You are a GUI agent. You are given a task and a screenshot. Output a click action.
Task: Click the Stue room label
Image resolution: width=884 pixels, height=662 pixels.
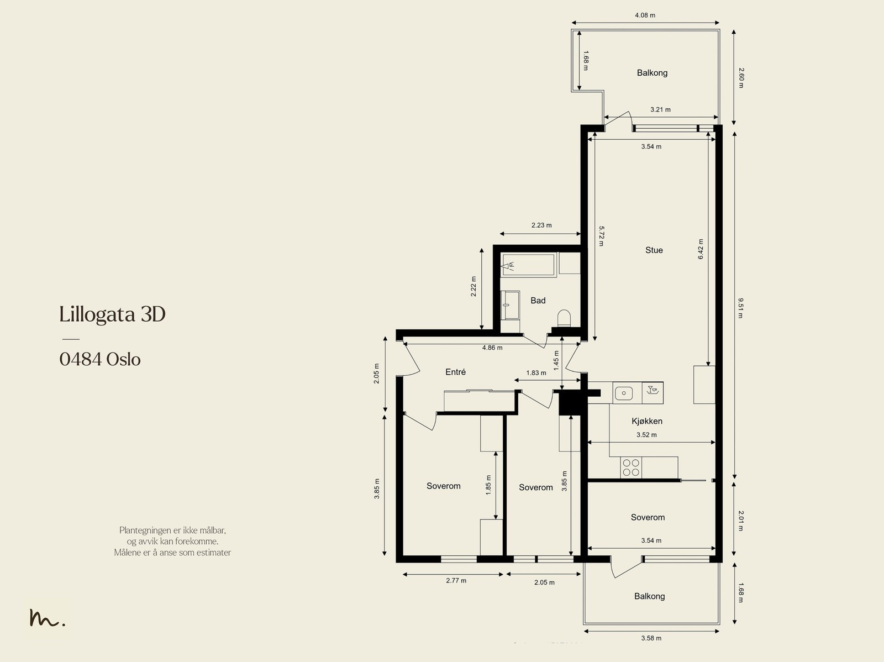[x=654, y=250]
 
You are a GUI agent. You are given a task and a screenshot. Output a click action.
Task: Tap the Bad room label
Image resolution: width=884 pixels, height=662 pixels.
[x=538, y=301]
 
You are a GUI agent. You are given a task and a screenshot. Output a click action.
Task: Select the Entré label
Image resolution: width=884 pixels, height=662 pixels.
[x=455, y=372]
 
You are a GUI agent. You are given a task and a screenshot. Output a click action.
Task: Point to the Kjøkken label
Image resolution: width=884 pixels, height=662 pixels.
[x=647, y=421]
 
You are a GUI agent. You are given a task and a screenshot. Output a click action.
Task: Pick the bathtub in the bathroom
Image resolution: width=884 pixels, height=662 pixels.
[x=528, y=265]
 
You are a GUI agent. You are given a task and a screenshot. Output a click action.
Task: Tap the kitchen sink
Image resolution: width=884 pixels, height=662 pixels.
[x=624, y=392]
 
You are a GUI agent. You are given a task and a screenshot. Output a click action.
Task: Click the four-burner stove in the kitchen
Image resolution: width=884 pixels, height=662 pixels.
[x=631, y=467]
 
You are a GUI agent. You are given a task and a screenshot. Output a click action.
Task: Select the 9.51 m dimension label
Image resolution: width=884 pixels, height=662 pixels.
[x=740, y=308]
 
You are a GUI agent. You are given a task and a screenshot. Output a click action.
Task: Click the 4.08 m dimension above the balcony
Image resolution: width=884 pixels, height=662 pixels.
[x=645, y=15]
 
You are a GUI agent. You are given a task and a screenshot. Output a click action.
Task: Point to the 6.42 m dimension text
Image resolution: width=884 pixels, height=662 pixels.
[x=701, y=249]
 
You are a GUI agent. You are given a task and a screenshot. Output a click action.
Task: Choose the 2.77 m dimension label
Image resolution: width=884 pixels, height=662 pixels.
[x=456, y=581]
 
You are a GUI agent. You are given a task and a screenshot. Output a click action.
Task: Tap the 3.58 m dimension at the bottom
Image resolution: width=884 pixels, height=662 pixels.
[x=651, y=638]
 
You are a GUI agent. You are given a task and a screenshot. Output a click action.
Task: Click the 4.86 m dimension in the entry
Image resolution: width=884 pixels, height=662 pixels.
[x=492, y=348]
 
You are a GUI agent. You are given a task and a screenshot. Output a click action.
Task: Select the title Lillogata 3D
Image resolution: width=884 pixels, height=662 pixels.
[x=112, y=314]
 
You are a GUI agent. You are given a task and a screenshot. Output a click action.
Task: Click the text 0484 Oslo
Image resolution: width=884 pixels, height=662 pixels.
[x=100, y=359]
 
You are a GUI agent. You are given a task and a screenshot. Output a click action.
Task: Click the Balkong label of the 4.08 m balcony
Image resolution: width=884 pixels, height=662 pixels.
[x=652, y=73]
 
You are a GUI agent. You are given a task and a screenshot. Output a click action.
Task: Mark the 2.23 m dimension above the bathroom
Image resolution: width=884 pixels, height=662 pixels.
[x=541, y=225]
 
